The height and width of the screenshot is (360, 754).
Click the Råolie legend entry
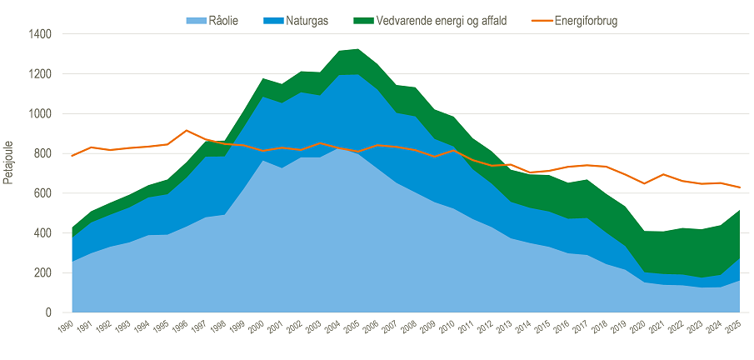(x=212, y=21)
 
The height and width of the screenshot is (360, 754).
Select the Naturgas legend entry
(x=296, y=21)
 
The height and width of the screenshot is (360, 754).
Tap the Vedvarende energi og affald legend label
(x=442, y=21)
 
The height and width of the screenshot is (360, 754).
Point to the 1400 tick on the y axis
(x=42, y=35)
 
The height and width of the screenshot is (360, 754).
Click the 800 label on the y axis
(x=44, y=153)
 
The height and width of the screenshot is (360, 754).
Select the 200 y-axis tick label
(x=44, y=272)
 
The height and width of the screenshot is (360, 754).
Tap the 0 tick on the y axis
(x=48, y=312)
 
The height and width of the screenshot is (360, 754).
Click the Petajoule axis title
(x=8, y=162)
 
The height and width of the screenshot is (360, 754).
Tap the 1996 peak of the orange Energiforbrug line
(x=187, y=130)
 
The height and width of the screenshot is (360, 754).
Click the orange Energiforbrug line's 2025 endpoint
(x=739, y=187)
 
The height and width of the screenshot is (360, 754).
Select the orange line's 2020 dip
(x=644, y=183)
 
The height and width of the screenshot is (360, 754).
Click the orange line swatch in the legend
(x=541, y=22)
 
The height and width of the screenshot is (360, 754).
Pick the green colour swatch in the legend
(x=363, y=22)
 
